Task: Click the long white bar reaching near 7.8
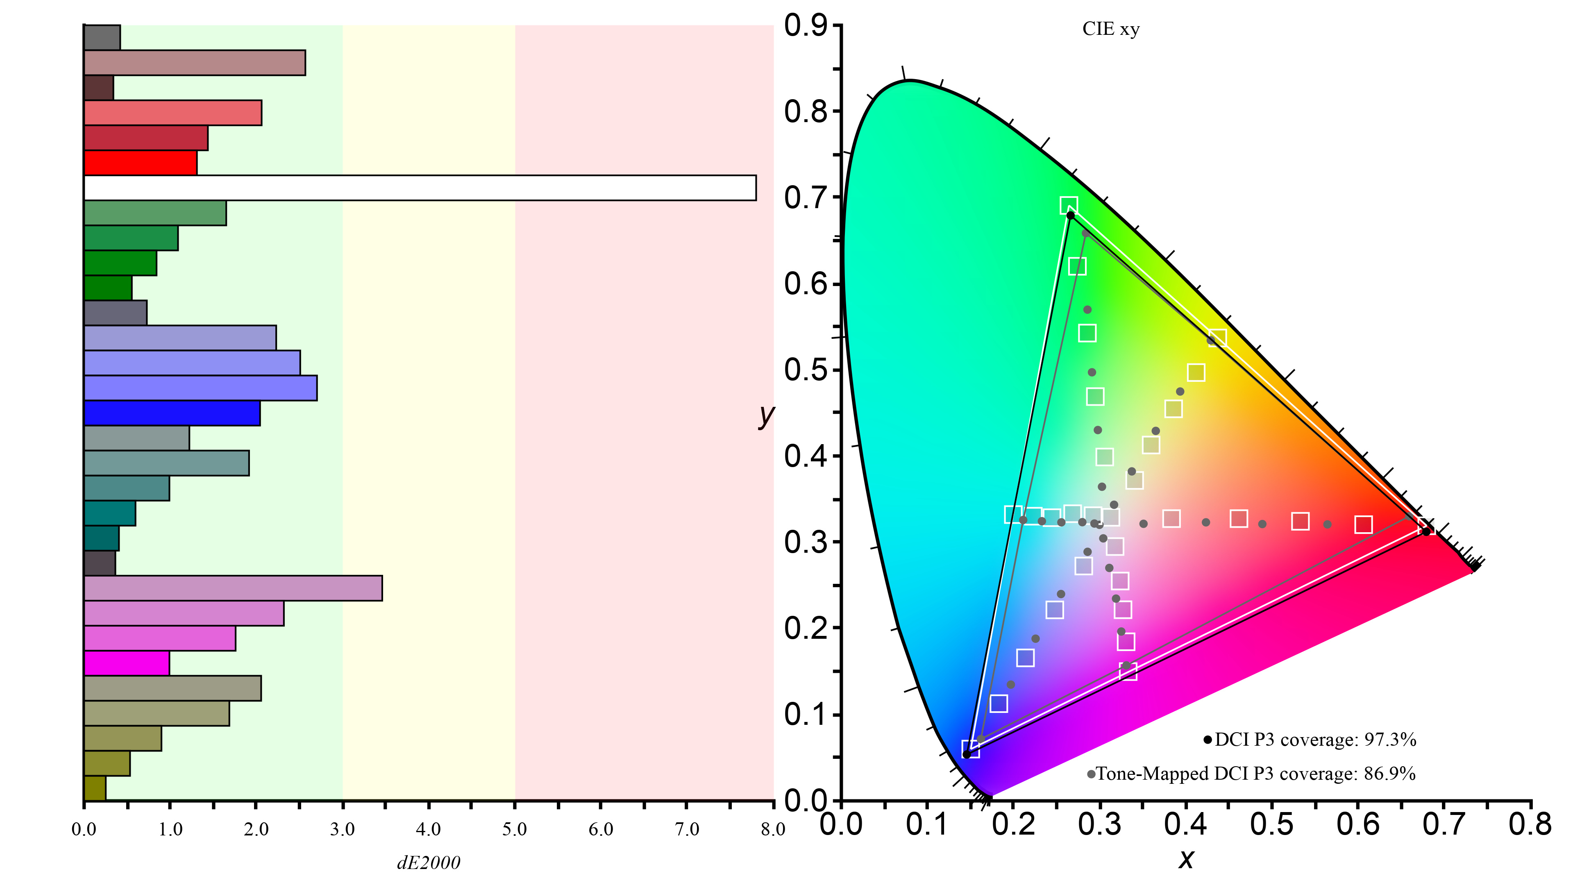coord(420,188)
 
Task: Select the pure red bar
coord(141,163)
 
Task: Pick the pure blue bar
coord(172,413)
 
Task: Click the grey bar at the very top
coord(102,37)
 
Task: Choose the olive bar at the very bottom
coord(95,788)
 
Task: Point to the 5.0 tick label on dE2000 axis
coord(514,829)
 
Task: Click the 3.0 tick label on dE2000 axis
coord(342,829)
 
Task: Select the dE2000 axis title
coord(429,862)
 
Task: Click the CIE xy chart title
coord(1111,29)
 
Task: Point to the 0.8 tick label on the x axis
coord(1530,824)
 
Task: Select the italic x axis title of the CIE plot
coord(1186,859)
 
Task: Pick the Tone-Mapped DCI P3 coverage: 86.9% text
coord(1255,774)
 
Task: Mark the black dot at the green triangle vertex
coord(1070,216)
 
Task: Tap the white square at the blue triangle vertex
coord(970,749)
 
